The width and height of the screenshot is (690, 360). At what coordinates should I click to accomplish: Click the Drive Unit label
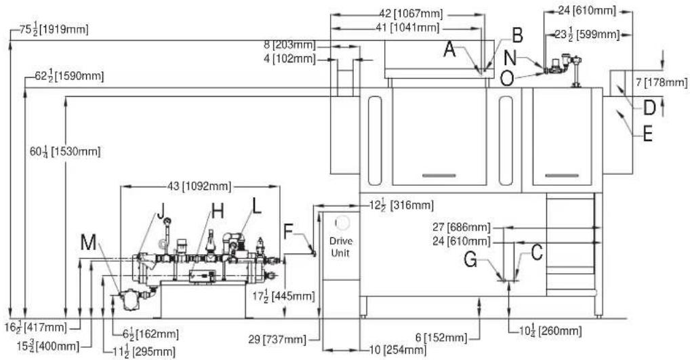(341, 247)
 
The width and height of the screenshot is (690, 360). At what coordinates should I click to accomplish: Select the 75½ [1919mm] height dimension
(54, 29)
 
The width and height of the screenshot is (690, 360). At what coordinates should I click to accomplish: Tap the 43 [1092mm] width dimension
(199, 186)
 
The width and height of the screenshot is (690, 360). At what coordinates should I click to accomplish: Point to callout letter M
(88, 241)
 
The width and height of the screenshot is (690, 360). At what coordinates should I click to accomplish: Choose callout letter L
(257, 205)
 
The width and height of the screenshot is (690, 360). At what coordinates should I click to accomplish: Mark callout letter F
(288, 231)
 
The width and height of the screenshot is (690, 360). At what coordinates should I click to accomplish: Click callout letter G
(470, 260)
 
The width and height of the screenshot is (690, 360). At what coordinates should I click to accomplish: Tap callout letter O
(507, 79)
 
